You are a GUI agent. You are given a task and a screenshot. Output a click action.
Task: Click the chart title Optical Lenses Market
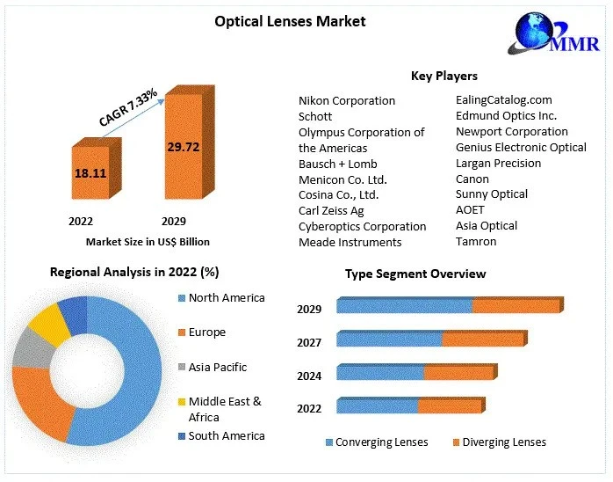(x=290, y=20)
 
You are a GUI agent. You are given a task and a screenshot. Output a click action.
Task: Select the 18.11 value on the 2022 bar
(x=90, y=173)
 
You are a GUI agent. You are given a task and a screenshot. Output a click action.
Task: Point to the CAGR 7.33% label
(x=127, y=107)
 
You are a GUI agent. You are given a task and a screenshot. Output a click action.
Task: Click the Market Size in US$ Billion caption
(x=148, y=241)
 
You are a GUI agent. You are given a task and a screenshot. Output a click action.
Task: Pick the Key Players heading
(x=444, y=76)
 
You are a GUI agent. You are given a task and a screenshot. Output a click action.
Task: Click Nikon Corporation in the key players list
(x=347, y=100)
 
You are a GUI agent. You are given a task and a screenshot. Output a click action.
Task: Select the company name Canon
(x=472, y=179)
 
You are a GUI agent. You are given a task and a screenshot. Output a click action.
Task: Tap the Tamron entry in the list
(x=476, y=241)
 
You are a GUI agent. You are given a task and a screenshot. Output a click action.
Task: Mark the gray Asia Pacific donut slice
(x=28, y=350)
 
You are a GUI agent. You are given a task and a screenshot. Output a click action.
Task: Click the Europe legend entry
(x=206, y=332)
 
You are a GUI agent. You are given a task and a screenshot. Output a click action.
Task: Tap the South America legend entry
(x=226, y=435)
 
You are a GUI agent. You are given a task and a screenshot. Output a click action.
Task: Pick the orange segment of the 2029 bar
(x=516, y=306)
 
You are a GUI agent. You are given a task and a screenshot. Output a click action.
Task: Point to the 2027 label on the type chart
(x=309, y=342)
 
